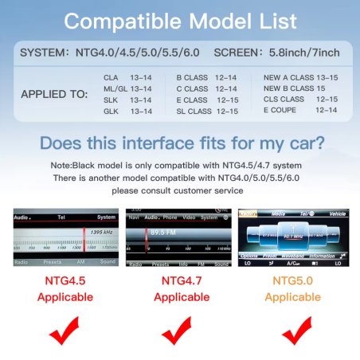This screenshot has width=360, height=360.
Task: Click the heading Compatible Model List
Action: (x=180, y=19)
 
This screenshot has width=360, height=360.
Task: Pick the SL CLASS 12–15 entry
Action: (x=206, y=112)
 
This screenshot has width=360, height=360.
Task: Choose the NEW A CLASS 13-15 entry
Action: (x=300, y=76)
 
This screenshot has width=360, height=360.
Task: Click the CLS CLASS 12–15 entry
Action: (x=300, y=100)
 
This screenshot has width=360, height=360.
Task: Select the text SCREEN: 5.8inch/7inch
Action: (x=278, y=53)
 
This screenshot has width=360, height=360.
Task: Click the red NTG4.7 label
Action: (x=181, y=281)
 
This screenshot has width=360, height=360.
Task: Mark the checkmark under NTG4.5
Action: (x=65, y=331)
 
